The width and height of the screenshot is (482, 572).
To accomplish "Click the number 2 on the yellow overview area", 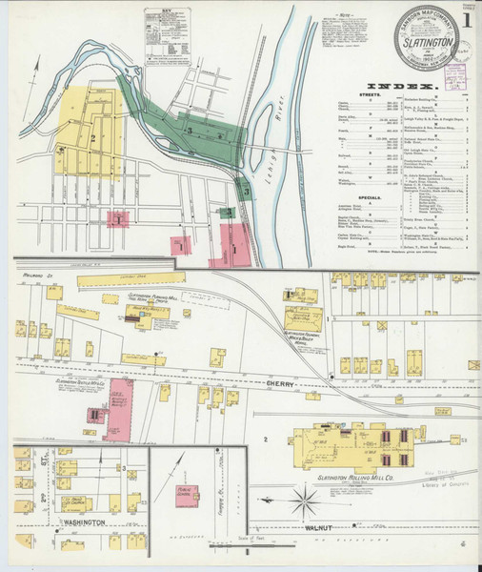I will [92, 139].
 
